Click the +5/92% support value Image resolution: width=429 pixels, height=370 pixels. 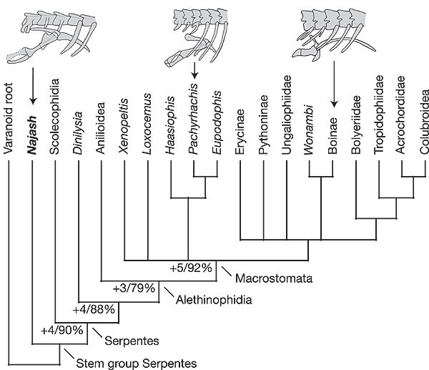[192, 268]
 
